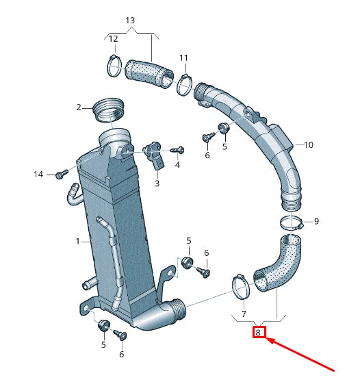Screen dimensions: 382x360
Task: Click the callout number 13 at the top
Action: point(131,20)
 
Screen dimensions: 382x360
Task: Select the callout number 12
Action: point(114,39)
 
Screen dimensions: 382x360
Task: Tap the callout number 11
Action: point(183,57)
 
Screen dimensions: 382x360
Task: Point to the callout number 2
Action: point(79,107)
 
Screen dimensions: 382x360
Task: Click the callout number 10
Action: point(308,144)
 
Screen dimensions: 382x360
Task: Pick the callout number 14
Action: point(39,175)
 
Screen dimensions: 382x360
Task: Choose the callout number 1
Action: point(79,241)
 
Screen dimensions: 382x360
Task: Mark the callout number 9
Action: point(316,221)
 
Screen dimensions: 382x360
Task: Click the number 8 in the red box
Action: point(259,333)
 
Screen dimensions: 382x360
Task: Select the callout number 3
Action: point(156,183)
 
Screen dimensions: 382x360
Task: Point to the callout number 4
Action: point(177,165)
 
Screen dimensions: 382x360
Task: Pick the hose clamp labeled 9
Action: point(292,222)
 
